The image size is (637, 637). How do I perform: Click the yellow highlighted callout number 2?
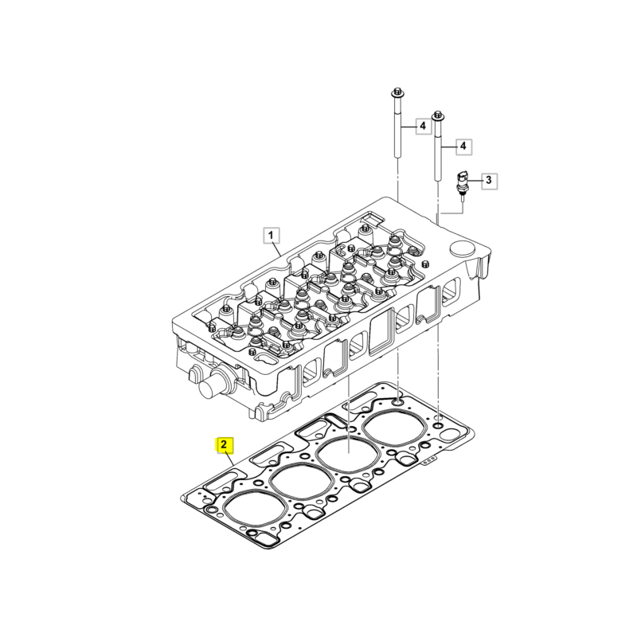(x=224, y=445)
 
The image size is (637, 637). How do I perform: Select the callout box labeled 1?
(x=271, y=235)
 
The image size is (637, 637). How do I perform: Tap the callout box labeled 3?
(x=489, y=180)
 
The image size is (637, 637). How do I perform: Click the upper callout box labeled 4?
(x=423, y=126)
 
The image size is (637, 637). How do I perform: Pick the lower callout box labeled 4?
(x=463, y=146)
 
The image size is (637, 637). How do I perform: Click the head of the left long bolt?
(x=397, y=92)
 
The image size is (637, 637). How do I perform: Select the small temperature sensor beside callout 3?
(x=462, y=184)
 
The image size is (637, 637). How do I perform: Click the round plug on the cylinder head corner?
(x=463, y=248)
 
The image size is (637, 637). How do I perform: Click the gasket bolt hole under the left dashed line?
(x=397, y=403)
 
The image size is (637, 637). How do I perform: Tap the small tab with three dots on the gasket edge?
(x=428, y=463)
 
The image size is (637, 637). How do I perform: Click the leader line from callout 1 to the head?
(x=276, y=249)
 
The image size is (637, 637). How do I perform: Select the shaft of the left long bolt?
(x=397, y=129)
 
